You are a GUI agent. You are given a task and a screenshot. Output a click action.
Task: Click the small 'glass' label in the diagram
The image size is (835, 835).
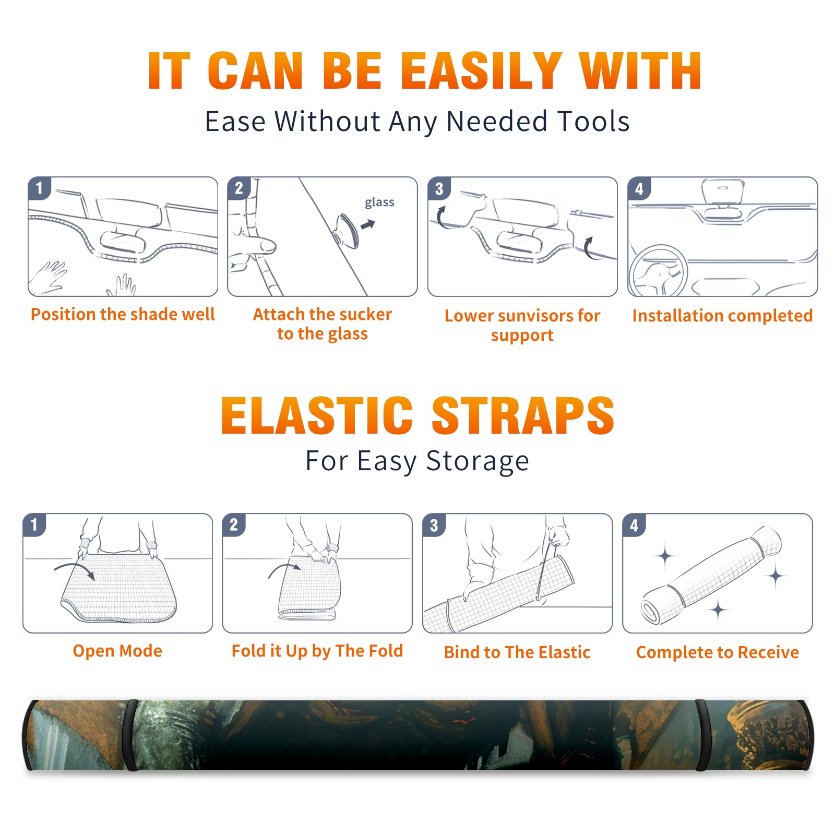pyautogui.click(x=379, y=202)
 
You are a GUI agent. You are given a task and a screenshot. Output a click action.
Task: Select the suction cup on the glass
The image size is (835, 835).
pyautogui.click(x=347, y=231)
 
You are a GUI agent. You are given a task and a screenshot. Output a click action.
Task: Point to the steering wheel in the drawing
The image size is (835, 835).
pyautogui.click(x=658, y=271)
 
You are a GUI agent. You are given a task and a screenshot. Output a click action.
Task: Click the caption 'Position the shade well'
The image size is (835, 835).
pyautogui.click(x=123, y=314)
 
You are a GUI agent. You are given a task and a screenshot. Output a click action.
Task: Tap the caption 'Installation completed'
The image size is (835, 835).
pyautogui.click(x=722, y=316)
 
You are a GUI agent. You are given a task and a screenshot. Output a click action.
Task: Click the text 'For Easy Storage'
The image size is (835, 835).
pyautogui.click(x=417, y=461)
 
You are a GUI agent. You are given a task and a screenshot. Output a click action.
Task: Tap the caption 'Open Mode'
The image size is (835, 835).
pyautogui.click(x=117, y=651)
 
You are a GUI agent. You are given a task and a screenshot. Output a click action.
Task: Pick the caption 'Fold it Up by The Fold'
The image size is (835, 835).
pyautogui.click(x=317, y=651)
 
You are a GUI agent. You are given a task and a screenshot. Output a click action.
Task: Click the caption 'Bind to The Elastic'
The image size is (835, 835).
pyautogui.click(x=517, y=652)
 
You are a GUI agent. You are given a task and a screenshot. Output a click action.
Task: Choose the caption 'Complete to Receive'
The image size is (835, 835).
pyautogui.click(x=718, y=652)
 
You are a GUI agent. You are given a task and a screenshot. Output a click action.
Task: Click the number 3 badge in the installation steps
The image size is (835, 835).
pyautogui.click(x=439, y=188)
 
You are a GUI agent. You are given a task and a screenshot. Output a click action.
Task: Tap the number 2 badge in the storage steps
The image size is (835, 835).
pyautogui.click(x=233, y=525)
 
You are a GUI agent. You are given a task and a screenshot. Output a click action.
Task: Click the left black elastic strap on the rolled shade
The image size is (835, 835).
pyautogui.click(x=132, y=735)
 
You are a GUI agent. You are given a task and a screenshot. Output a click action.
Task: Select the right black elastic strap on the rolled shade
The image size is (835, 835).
pyautogui.click(x=702, y=735)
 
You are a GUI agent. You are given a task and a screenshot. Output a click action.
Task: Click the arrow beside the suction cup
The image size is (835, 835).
pyautogui.click(x=368, y=224)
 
